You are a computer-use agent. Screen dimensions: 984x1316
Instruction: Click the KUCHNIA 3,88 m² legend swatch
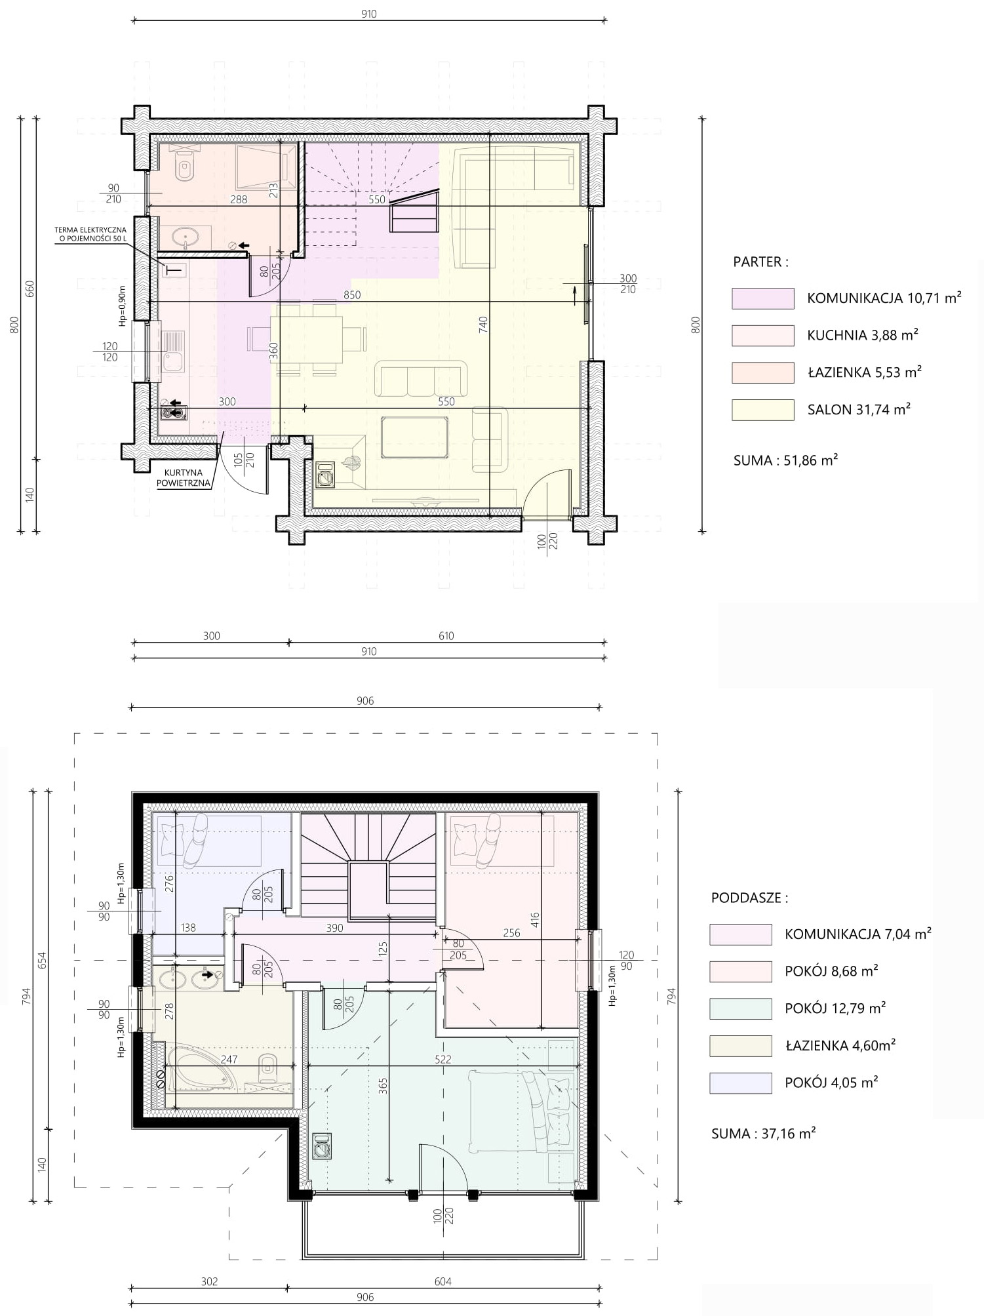click(762, 335)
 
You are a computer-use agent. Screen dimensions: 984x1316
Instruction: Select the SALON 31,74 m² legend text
click(859, 410)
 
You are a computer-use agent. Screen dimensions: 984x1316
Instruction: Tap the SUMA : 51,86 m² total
click(785, 460)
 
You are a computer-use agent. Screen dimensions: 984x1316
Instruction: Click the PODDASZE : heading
click(749, 898)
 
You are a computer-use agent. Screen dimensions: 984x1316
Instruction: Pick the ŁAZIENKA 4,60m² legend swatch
click(740, 1046)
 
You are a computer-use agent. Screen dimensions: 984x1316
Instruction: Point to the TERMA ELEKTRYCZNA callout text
click(90, 234)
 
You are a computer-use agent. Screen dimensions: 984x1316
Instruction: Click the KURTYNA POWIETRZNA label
click(184, 478)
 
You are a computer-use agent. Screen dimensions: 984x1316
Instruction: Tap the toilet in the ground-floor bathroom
click(185, 165)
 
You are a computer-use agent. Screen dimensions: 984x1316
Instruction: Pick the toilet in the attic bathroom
click(267, 1069)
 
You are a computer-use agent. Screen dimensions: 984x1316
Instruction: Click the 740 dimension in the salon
click(483, 324)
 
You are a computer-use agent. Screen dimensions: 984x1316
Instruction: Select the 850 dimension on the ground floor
click(352, 295)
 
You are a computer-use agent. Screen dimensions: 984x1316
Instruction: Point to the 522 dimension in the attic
click(443, 1059)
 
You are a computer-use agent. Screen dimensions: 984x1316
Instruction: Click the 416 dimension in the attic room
click(535, 921)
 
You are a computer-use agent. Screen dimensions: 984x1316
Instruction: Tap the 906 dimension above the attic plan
click(365, 701)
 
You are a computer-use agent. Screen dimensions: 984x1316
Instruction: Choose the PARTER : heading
click(760, 262)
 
